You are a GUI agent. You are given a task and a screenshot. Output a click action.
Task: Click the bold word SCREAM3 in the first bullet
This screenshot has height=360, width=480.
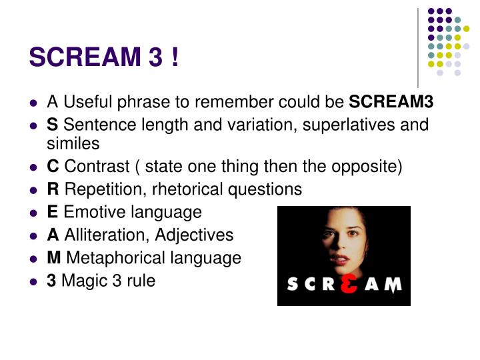tap(392, 102)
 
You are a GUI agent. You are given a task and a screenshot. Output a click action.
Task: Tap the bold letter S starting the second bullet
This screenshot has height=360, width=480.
tap(51, 125)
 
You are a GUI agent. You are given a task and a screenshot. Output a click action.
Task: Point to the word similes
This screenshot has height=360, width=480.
tap(73, 143)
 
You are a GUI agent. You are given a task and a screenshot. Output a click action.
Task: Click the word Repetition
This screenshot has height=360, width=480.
tap(102, 189)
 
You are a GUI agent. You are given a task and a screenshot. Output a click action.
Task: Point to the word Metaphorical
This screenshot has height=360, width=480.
tap(108, 258)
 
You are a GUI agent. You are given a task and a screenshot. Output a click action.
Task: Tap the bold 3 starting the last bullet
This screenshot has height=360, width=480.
tap(51, 281)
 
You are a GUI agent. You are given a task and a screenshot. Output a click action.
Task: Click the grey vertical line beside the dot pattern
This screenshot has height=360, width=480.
tap(418, 47)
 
